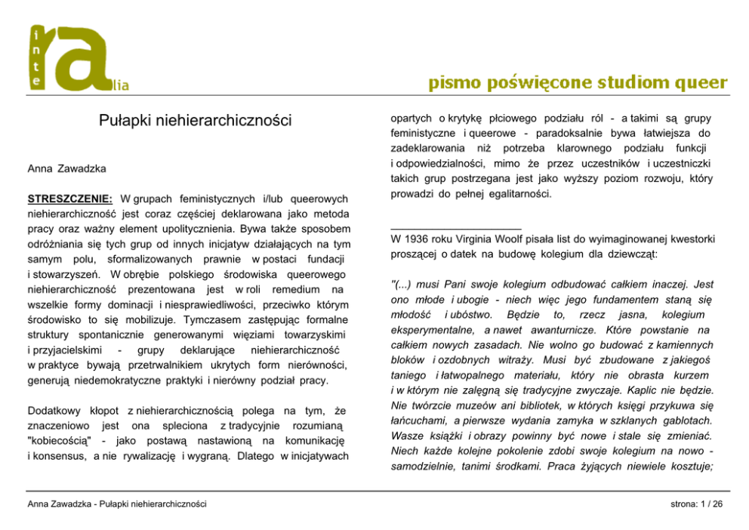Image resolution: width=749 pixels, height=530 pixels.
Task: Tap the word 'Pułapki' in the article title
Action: [126, 120]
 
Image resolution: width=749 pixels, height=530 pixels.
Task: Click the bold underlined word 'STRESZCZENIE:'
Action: [70, 199]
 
